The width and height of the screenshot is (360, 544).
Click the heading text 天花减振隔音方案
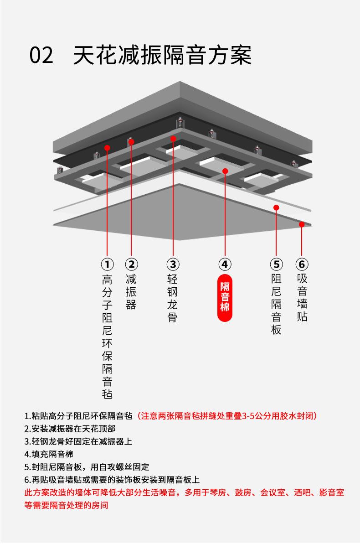click(162, 55)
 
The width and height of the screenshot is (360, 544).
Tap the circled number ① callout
click(107, 264)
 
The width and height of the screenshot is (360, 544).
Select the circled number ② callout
click(131, 264)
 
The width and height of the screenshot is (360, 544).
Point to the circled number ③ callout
click(173, 264)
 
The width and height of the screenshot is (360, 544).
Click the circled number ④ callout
click(225, 264)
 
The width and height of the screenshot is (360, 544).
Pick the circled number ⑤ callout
click(276, 264)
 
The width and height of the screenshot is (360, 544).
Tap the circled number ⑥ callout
click(302, 264)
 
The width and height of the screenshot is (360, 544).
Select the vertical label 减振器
click(131, 292)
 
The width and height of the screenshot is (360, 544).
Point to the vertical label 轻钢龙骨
click(173, 298)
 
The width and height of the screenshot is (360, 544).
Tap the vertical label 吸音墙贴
click(302, 298)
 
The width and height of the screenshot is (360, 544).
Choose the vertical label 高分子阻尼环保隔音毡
click(107, 337)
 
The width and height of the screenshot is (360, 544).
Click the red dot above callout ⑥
click(302, 224)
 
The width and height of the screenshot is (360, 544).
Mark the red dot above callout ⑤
click(276, 207)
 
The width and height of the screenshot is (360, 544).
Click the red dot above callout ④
click(225, 171)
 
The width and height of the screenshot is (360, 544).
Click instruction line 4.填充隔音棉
click(49, 454)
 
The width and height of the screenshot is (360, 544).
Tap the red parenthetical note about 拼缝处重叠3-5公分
click(227, 416)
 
